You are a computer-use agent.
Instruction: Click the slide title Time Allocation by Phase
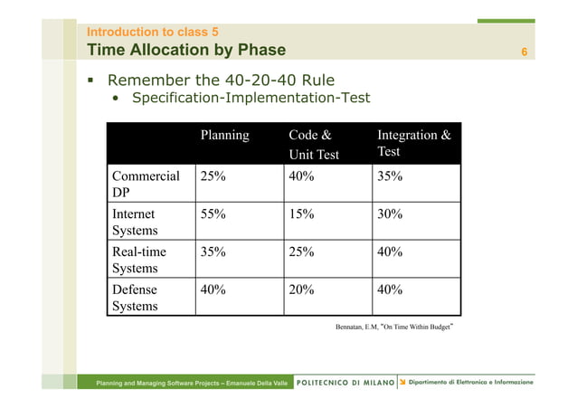pyautogui.click(x=185, y=50)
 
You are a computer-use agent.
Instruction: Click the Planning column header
pyautogui.click(x=224, y=136)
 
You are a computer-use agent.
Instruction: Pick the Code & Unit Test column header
pyautogui.click(x=313, y=145)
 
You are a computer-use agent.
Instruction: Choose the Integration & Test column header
pyautogui.click(x=413, y=144)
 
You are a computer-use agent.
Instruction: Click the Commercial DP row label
pyautogui.click(x=146, y=185)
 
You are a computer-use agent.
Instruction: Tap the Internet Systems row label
pyautogui.click(x=135, y=223)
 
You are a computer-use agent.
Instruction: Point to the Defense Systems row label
pyautogui.click(x=135, y=298)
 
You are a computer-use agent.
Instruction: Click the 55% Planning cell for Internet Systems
pyautogui.click(x=213, y=214)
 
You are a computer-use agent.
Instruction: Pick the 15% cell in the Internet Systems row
pyautogui.click(x=301, y=214)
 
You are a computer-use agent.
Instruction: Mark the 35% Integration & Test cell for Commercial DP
pyautogui.click(x=390, y=176)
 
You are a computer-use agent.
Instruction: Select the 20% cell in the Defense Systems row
pyautogui.click(x=301, y=289)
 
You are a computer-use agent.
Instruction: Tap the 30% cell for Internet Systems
pyautogui.click(x=390, y=214)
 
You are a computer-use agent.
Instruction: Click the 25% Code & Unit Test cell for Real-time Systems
pyautogui.click(x=301, y=251)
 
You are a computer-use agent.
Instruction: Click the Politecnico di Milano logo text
pyautogui.click(x=345, y=383)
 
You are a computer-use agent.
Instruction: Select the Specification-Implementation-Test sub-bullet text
pyautogui.click(x=251, y=98)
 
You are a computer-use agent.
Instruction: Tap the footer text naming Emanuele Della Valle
pyautogui.click(x=194, y=384)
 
